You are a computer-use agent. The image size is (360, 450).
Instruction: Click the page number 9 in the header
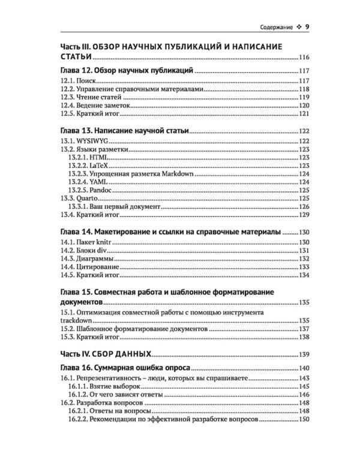[307, 27]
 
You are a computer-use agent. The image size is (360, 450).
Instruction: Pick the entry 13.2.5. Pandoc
[94, 189]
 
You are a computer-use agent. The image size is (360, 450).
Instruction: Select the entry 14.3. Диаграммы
[88, 259]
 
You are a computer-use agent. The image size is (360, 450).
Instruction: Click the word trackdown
[79, 321]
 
